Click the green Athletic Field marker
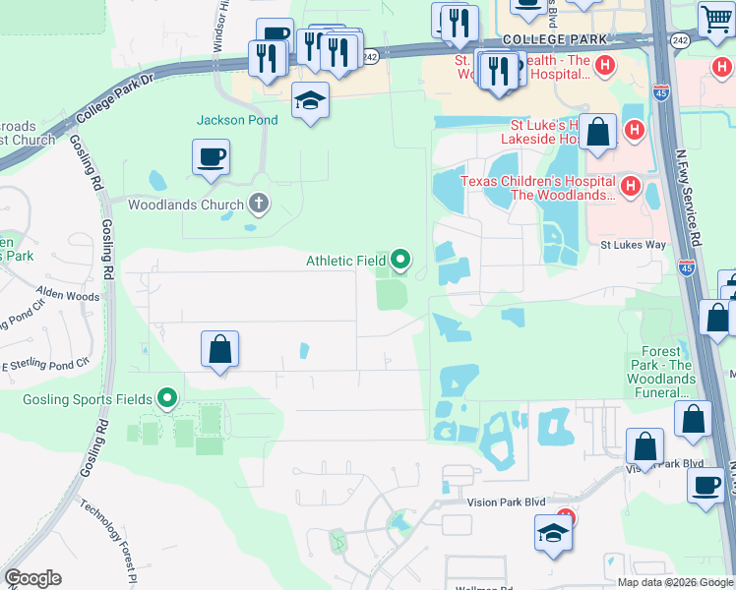point(400,260)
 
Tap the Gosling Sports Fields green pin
point(167,398)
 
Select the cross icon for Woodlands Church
point(258,205)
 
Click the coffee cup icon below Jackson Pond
point(212,156)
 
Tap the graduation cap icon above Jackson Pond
point(310,100)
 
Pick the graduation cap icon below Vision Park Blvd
point(553,534)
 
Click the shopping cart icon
point(716,18)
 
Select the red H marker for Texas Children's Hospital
point(632,184)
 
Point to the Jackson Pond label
point(237,120)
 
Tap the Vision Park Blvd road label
point(507,501)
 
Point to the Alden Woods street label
point(68,295)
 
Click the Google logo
point(32,578)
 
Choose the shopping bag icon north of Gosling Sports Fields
point(220,350)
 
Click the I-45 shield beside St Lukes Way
point(687,266)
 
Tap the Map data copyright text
point(675,582)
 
